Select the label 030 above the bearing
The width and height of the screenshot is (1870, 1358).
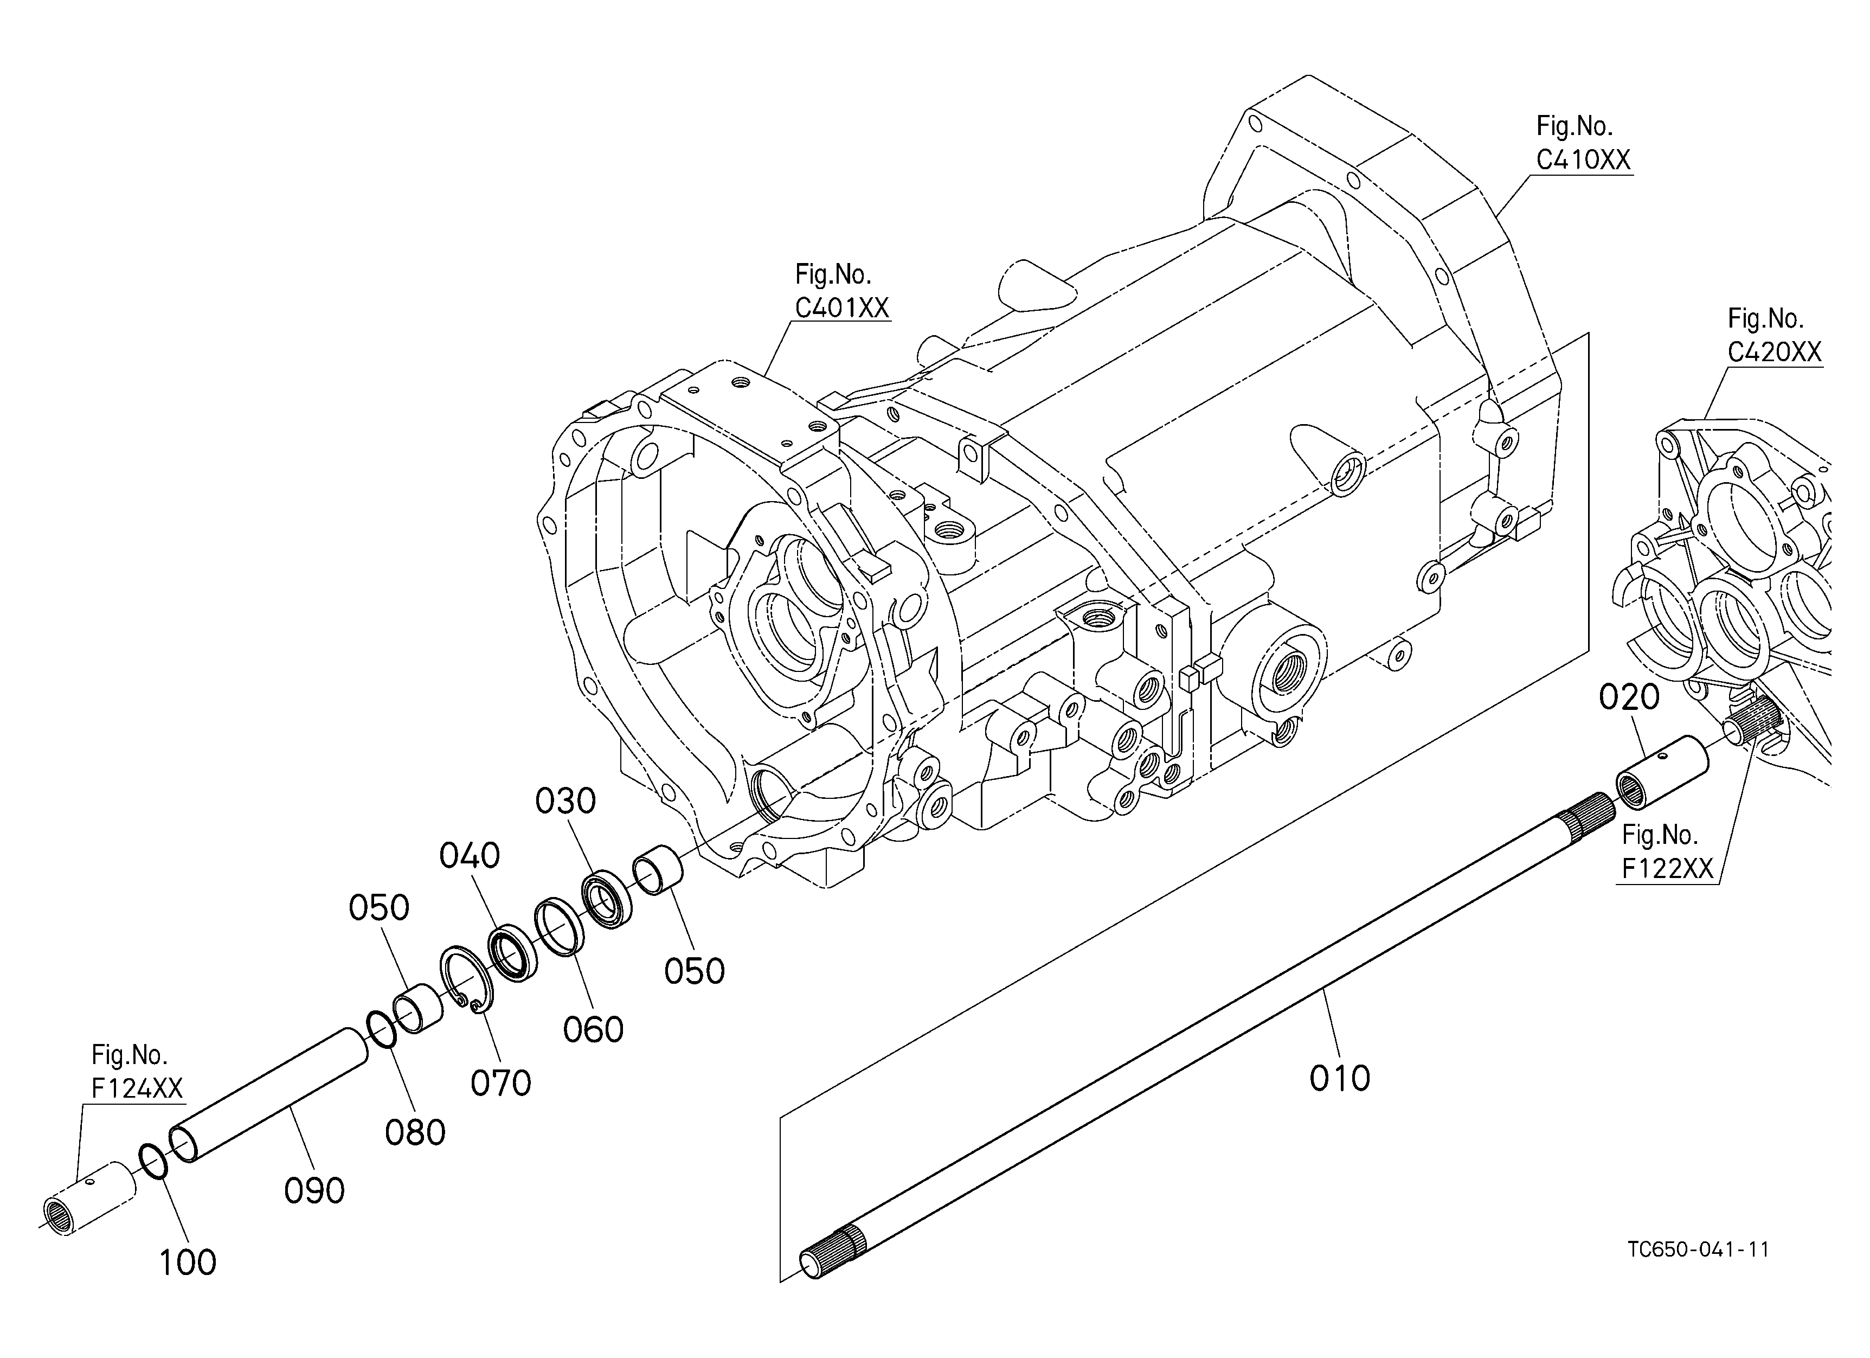[565, 800]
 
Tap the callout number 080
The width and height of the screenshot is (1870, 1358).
[415, 1133]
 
